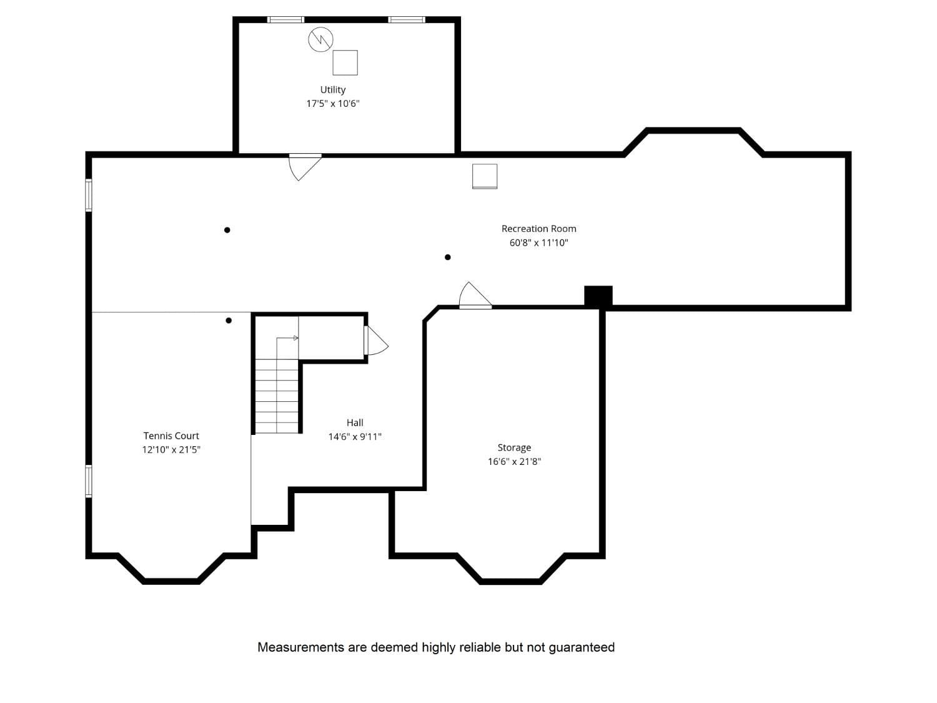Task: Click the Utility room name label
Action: [x=332, y=90]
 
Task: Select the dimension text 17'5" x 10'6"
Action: [x=332, y=104]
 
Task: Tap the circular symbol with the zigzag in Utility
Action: [x=320, y=39]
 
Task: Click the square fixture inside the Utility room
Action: [x=345, y=62]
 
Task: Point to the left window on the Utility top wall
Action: [x=285, y=20]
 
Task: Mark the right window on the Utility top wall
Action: [x=407, y=20]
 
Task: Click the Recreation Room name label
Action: [x=538, y=229]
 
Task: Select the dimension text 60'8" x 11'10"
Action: [x=538, y=242]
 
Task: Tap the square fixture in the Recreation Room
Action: [x=485, y=176]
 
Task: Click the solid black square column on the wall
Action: [x=598, y=296]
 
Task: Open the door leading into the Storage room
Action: [x=475, y=297]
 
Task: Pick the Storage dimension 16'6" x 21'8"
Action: [x=514, y=462]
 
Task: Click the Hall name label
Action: [x=355, y=423]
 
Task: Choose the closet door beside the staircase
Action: [x=375, y=341]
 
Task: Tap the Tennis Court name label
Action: [x=171, y=436]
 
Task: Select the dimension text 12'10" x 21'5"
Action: [x=171, y=450]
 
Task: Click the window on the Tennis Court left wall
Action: [x=89, y=481]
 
